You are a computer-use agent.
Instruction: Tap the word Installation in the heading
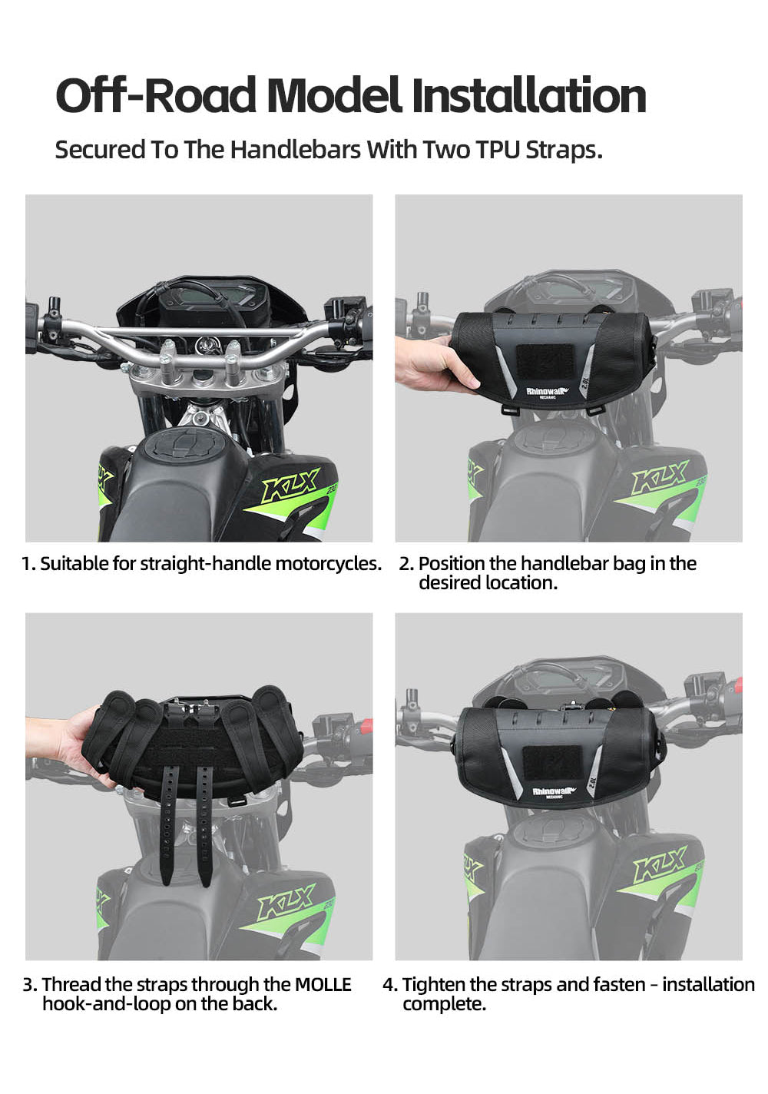pyautogui.click(x=528, y=96)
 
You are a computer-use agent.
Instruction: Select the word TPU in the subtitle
pyautogui.click(x=497, y=149)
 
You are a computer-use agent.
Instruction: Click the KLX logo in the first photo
pyautogui.click(x=290, y=486)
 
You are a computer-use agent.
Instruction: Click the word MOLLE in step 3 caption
pyautogui.click(x=323, y=984)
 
